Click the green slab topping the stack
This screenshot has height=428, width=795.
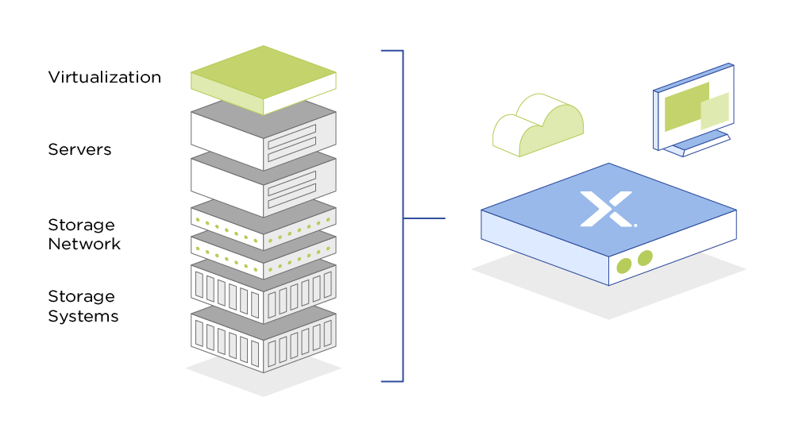[x=262, y=78]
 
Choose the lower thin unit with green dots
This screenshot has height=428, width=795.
[x=262, y=249]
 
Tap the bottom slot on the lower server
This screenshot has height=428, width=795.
[x=291, y=191]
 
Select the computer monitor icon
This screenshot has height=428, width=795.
[x=693, y=106]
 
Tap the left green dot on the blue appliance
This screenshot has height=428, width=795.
[x=624, y=265]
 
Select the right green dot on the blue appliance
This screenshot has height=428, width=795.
[x=645, y=258]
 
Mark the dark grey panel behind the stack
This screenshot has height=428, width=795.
[x=369, y=238]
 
